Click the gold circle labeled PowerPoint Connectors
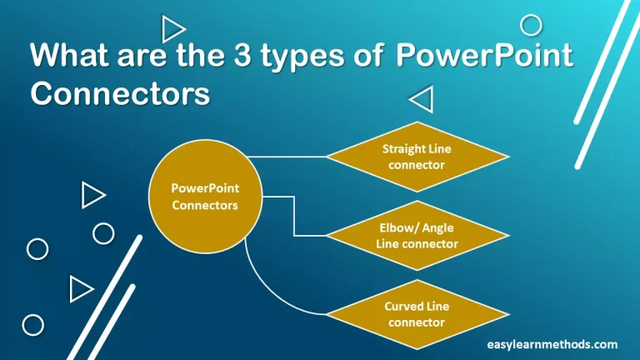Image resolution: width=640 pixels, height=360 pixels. coord(206,197)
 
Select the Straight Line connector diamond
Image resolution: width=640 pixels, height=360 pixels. coord(417,157)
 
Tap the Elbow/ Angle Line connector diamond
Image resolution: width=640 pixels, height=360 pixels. coord(417,235)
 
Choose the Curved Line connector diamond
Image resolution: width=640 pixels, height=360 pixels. coord(417,314)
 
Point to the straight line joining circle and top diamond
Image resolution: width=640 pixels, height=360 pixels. coord(287,157)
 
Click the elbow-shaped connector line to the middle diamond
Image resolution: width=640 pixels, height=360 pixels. coord(294,217)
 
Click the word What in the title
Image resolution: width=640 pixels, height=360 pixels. coord(67,57)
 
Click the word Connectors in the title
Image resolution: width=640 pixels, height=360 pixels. coord(120,92)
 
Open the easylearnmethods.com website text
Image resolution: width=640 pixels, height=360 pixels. coord(552,343)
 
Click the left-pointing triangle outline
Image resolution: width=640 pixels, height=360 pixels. coord(422,101)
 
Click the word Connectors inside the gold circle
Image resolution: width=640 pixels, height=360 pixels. coord(205,205)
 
